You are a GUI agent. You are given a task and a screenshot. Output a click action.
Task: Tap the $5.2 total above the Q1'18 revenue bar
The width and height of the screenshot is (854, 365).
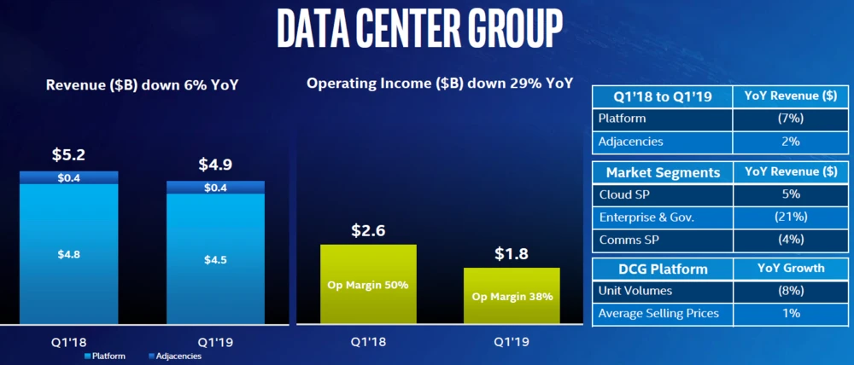pos(69,155)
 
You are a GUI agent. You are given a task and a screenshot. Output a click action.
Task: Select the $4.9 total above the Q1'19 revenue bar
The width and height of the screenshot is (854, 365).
pos(215,165)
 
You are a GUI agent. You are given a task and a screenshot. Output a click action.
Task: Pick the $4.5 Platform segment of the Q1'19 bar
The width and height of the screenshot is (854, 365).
pos(215,259)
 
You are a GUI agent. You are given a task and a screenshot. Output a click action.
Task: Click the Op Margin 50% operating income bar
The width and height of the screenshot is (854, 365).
pos(368,284)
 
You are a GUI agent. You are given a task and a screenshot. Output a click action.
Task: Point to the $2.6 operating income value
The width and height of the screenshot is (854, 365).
pos(368,229)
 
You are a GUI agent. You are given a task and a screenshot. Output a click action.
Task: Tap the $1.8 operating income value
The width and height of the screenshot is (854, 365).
pos(512,253)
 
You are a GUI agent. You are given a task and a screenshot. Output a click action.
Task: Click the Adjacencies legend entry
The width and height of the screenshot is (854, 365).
pos(178,356)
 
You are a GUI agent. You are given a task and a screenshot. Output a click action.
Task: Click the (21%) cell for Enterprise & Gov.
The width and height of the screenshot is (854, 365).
pos(790,217)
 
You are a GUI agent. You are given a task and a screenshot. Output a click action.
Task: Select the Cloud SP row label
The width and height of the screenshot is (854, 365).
pos(624,194)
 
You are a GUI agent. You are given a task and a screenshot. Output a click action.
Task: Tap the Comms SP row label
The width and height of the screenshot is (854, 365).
pos(629,239)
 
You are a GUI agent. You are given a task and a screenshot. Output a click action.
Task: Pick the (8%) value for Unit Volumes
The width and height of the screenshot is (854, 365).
pos(790,291)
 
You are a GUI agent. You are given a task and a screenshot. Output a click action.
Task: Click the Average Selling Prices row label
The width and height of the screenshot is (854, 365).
pos(658,313)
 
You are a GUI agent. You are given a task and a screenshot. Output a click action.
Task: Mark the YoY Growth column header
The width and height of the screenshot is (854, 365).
pos(790,269)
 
